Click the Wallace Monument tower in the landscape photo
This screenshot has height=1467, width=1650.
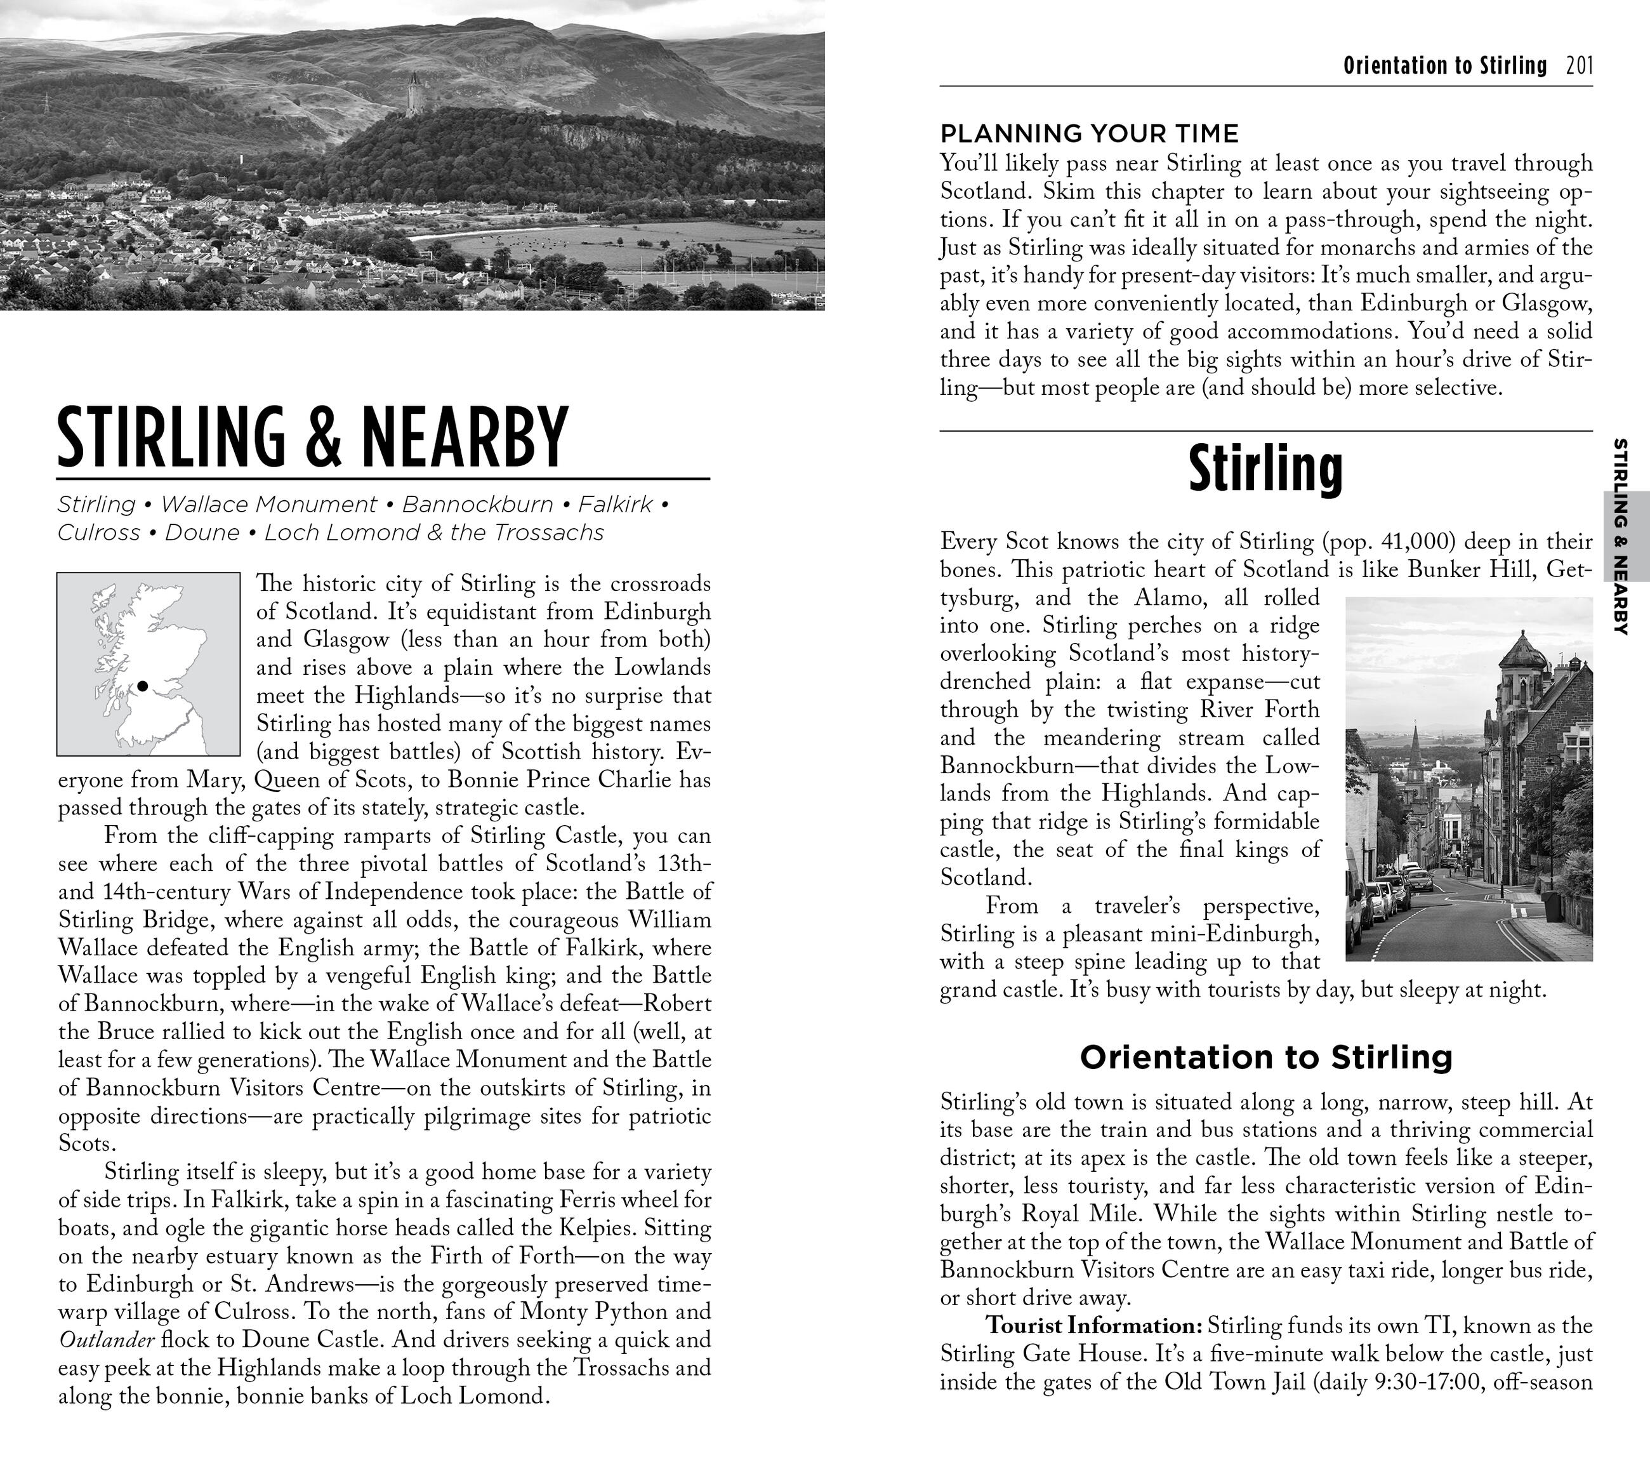[415, 95]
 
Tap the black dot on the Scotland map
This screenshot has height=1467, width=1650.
[143, 686]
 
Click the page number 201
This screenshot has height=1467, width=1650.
[1579, 65]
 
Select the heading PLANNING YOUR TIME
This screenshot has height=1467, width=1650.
[1089, 133]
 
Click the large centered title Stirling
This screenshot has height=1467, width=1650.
[1265, 469]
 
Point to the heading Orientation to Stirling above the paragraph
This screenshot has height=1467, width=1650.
[1265, 1057]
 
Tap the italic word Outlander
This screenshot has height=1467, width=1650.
[106, 1340]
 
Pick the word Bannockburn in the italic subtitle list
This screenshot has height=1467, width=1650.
[477, 505]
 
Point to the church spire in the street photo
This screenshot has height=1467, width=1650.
[1415, 743]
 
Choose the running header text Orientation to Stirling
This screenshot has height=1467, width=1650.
[1444, 65]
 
